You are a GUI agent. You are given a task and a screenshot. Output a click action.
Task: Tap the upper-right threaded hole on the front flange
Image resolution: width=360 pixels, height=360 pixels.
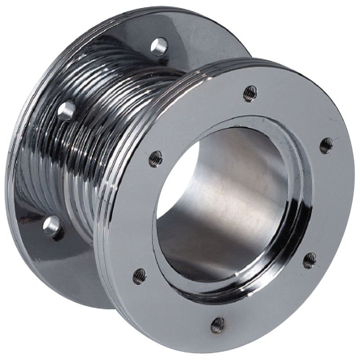(x=326, y=145)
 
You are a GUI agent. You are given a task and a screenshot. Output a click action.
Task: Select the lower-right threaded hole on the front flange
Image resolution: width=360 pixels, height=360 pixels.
(x=309, y=260)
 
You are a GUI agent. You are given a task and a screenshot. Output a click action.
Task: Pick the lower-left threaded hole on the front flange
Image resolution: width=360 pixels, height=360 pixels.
(x=139, y=275)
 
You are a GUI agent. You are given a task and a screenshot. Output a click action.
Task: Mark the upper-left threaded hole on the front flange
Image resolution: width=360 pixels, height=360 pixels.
(x=155, y=158)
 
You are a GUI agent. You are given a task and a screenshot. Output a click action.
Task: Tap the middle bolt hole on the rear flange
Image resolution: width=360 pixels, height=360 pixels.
(x=66, y=110)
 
